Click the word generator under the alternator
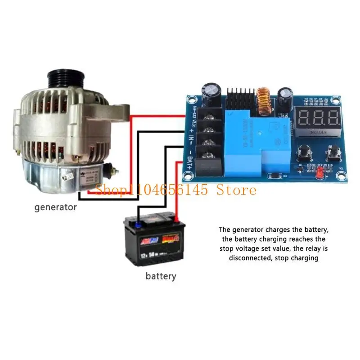[56, 207]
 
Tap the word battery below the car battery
[161, 276]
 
